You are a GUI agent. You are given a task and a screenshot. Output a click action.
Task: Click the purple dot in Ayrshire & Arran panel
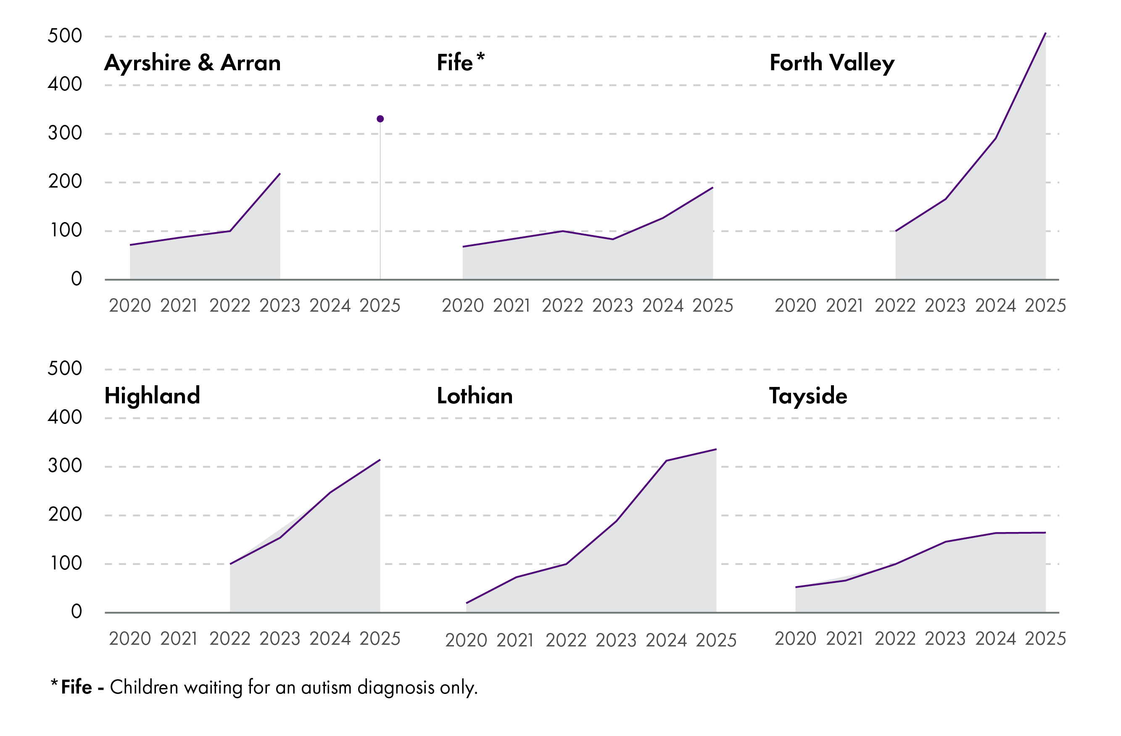pos(380,119)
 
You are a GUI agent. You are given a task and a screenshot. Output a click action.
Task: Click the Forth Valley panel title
pos(832,63)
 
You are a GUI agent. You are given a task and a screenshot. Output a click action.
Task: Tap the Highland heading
pos(152,395)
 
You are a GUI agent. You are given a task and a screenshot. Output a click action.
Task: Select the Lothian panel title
pos(475,396)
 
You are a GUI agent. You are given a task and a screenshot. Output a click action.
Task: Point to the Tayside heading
pos(808,396)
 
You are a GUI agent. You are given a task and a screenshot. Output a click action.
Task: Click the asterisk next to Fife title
pos(480,57)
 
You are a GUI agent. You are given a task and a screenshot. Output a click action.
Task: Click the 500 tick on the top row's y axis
pos(65,36)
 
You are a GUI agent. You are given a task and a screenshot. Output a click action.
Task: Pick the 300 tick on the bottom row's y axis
pos(65,466)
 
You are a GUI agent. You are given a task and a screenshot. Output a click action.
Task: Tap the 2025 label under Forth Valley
pos(1045,306)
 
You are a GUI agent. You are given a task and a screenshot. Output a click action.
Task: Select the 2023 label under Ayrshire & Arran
pos(280,306)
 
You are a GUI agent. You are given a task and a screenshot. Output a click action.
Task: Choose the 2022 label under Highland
pos(230,639)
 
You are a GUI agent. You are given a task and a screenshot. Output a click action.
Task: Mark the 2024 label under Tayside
pos(995,639)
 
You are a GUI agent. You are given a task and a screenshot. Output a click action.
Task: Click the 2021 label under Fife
pos(512,306)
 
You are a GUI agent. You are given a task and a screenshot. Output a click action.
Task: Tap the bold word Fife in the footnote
pos(76,688)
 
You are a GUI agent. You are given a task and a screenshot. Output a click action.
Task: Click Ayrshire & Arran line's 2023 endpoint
pos(280,174)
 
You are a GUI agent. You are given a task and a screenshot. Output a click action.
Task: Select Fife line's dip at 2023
pos(613,239)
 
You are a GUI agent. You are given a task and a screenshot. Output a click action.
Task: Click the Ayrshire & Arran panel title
pos(192,63)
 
